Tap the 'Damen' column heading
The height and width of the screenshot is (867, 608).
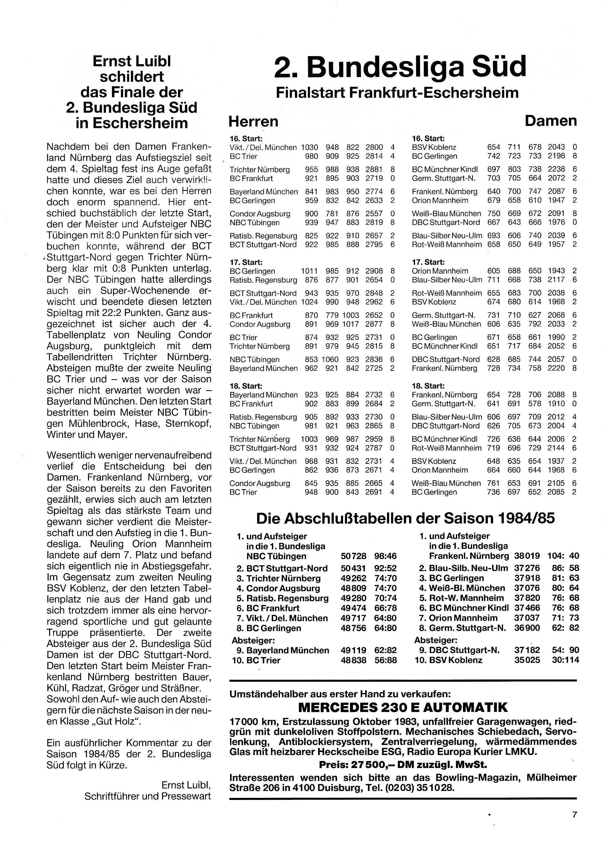click(x=551, y=121)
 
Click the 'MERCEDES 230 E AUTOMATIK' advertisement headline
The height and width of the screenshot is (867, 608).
click(x=403, y=707)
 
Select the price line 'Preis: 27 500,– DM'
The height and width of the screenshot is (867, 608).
click(x=403, y=765)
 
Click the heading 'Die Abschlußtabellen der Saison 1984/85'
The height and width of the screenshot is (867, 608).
click(x=405, y=518)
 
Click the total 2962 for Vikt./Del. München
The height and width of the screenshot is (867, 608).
click(x=374, y=302)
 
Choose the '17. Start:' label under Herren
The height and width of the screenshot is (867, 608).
click(x=246, y=262)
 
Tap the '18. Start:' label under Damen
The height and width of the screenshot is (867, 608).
click(x=428, y=386)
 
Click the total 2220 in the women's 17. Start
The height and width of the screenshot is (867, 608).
click(x=556, y=368)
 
